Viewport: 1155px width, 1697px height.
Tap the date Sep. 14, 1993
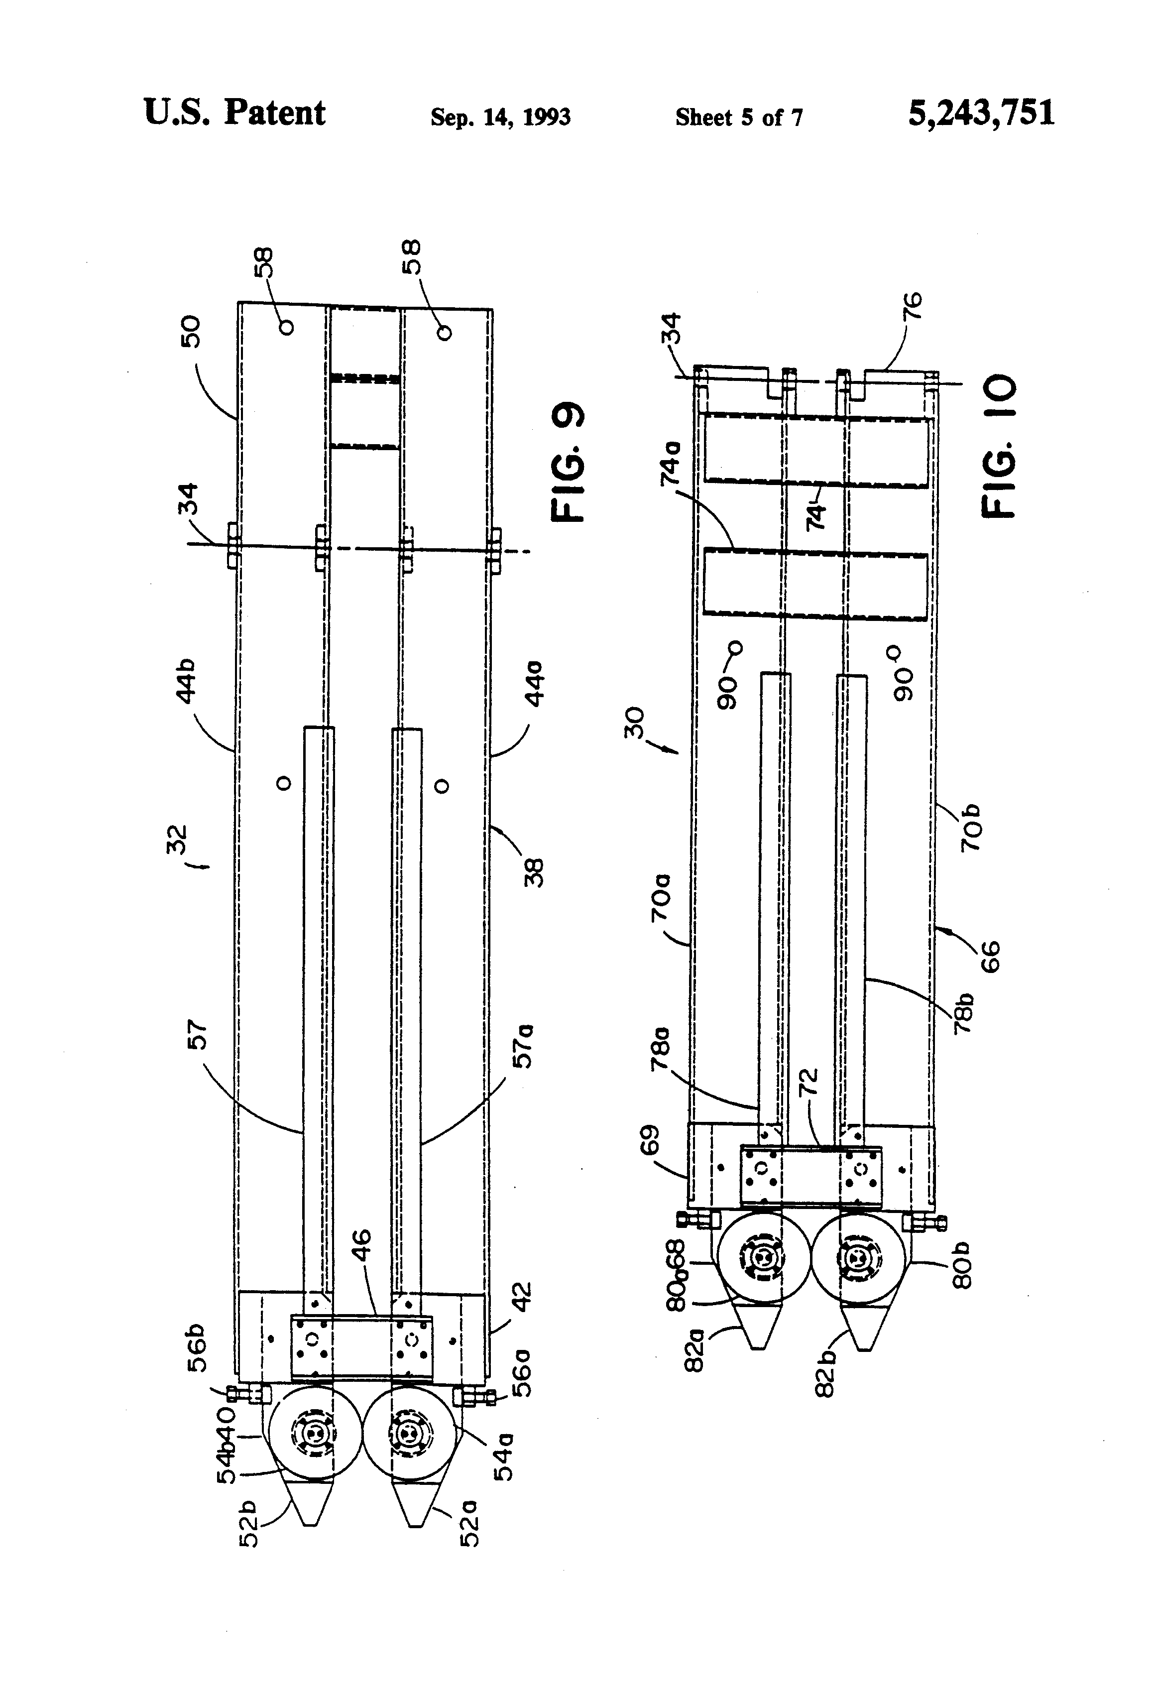(x=500, y=117)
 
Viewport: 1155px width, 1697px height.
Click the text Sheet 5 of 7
(x=739, y=117)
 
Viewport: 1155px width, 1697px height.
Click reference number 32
(x=177, y=840)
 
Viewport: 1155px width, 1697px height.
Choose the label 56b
(x=198, y=1350)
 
